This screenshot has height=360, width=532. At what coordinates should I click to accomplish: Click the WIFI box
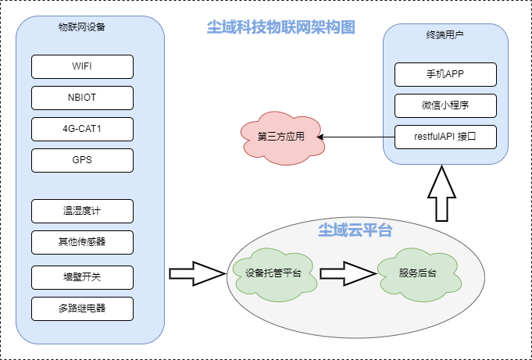click(x=82, y=66)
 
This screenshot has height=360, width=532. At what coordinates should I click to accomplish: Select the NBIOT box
click(x=82, y=98)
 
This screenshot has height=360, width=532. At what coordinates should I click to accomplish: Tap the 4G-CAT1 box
click(x=82, y=129)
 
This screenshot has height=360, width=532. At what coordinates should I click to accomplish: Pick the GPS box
click(x=82, y=160)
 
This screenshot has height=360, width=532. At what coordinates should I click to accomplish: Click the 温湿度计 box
click(x=82, y=211)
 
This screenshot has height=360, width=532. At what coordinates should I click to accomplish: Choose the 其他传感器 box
click(x=82, y=242)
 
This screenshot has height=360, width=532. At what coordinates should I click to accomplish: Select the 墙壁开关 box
click(x=82, y=277)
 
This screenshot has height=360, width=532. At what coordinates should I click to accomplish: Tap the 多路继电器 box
click(x=82, y=308)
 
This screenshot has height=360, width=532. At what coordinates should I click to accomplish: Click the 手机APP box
click(x=445, y=74)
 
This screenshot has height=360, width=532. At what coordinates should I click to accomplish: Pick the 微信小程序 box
click(x=445, y=105)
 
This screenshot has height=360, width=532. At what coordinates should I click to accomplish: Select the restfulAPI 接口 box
click(x=445, y=137)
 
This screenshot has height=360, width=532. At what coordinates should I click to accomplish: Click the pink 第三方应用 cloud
click(x=280, y=137)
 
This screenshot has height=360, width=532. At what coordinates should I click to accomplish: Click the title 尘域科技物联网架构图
click(x=280, y=27)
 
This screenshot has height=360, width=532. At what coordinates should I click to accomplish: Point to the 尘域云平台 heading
click(x=355, y=230)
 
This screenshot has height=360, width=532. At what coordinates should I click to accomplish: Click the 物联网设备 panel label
click(x=82, y=27)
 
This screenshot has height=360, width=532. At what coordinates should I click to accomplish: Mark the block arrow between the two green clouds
click(x=346, y=273)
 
